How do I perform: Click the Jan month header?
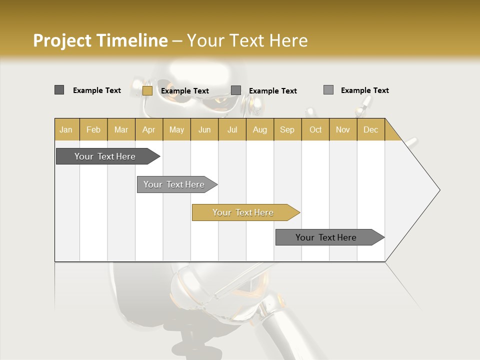click(x=66, y=129)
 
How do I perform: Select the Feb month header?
click(x=93, y=129)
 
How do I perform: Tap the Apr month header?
click(x=148, y=129)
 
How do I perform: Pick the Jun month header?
click(x=204, y=129)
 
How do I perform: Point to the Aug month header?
click(x=259, y=129)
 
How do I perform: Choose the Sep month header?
click(x=287, y=129)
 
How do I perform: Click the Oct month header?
click(x=315, y=129)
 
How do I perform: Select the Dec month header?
click(x=370, y=129)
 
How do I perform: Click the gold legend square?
click(x=147, y=90)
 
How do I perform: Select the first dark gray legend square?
click(x=59, y=90)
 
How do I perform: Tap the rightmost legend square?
click(x=328, y=90)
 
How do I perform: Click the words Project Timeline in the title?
click(x=100, y=40)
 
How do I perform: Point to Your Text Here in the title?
click(x=247, y=40)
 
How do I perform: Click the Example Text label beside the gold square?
click(x=185, y=91)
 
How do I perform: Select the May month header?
click(x=176, y=129)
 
